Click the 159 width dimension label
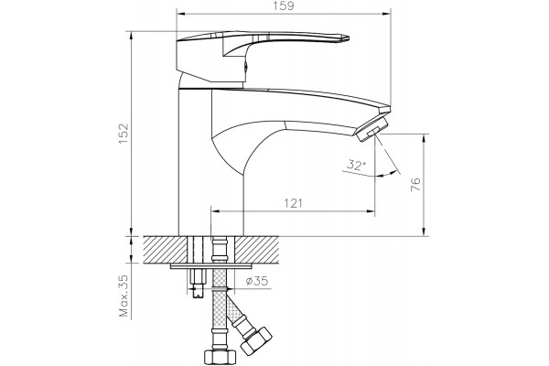tap(285, 6)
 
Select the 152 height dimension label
tap(124, 134)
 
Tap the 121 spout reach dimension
tap(293, 203)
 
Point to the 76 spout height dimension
tap(415, 185)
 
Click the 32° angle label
tap(356, 165)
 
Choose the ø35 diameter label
tap(256, 281)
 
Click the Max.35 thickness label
tap(124, 296)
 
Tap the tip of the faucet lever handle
tap(348, 38)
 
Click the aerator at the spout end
tap(371, 129)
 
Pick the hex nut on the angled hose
tap(256, 340)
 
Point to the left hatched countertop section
tap(166, 250)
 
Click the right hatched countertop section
tap(256, 250)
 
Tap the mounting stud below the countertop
tap(198, 283)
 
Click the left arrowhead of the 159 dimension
tap(180, 14)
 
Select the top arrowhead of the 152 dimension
tap(131, 35)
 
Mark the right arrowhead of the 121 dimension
tap(371, 211)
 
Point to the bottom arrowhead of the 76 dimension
tap(424, 231)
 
